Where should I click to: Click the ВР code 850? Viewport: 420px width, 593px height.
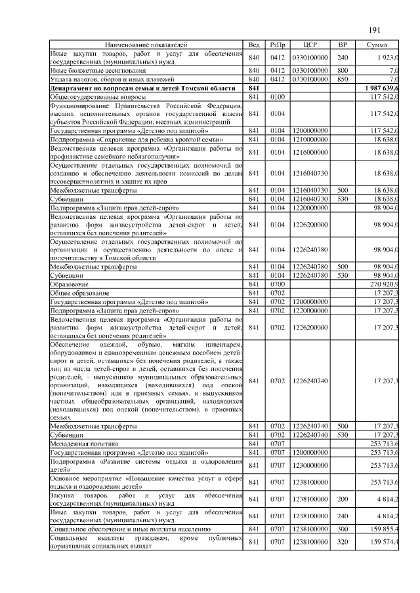coord(342,79)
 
